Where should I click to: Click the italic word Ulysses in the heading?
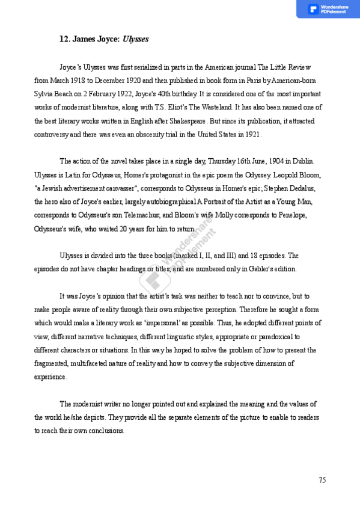click(x=136, y=40)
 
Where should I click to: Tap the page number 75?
click(x=322, y=479)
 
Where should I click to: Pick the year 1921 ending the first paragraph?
click(x=253, y=134)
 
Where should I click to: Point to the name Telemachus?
click(x=109, y=215)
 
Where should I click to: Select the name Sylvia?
click(x=45, y=94)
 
